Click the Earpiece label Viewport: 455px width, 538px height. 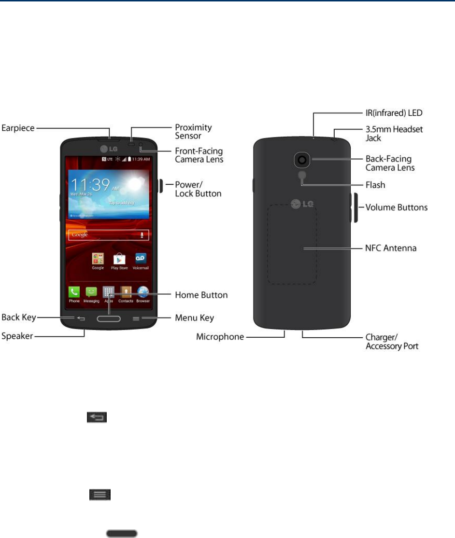click(18, 129)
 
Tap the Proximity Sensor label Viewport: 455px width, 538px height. click(193, 131)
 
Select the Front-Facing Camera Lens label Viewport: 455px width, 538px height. click(199, 154)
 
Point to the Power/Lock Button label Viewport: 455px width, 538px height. click(198, 189)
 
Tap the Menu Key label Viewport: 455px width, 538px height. click(194, 318)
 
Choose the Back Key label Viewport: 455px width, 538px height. click(18, 317)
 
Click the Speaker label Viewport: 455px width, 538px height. click(17, 336)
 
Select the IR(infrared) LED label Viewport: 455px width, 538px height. click(394, 113)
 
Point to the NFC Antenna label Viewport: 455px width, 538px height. click(391, 248)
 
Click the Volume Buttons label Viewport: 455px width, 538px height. click(397, 207)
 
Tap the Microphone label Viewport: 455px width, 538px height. click(220, 337)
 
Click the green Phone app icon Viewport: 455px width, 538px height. click(74, 292)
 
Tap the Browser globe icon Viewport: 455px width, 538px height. click(143, 292)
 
